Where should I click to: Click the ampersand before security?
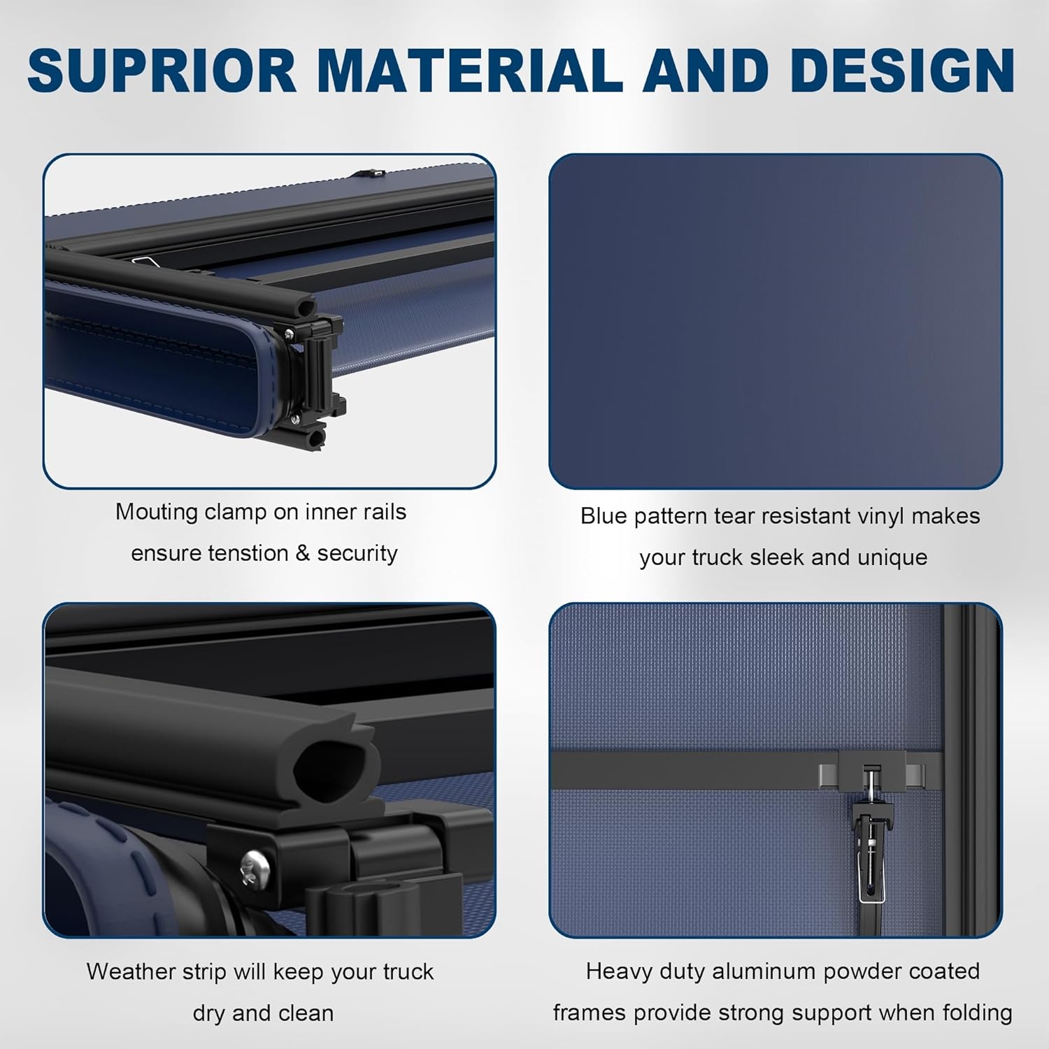point(302,553)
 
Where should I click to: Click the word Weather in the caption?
point(130,971)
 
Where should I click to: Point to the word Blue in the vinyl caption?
point(604,516)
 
